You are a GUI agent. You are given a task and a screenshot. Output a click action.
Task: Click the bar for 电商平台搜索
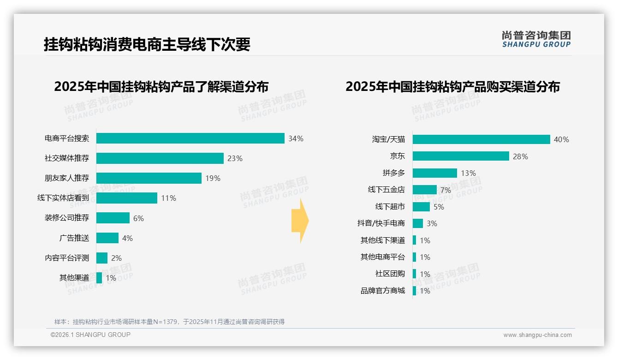[190, 138]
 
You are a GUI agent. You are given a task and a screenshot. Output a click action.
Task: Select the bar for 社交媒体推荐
[160, 158]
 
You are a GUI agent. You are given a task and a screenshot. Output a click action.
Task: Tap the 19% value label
[213, 178]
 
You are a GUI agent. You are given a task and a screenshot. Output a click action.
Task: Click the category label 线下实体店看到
[63, 198]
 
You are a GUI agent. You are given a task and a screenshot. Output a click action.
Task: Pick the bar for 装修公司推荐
[113, 218]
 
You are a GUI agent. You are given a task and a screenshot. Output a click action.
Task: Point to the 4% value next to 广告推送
[127, 238]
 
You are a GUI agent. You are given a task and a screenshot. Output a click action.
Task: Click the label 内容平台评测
[67, 258]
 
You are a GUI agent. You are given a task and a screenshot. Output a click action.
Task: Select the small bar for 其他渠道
[99, 278]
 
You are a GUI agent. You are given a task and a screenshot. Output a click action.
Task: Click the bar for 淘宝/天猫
[481, 139]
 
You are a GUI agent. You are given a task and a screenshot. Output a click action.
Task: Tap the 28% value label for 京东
[520, 156]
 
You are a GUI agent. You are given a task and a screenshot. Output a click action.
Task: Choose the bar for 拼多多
[434, 173]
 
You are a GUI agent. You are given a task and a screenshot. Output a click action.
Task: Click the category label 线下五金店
[386, 190]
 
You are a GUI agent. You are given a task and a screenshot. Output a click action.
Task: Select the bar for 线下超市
[421, 207]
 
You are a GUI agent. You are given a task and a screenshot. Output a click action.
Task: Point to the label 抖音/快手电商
[381, 223]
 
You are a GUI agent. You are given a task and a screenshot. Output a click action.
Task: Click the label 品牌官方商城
[382, 291]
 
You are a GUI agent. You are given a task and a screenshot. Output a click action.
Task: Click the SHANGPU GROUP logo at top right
[536, 39]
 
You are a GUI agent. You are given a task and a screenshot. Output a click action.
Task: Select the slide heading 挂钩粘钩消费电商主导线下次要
[147, 44]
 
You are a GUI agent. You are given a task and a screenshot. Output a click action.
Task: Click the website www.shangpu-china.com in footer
[537, 335]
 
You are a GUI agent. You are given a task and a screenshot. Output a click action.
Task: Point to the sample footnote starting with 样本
[169, 322]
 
